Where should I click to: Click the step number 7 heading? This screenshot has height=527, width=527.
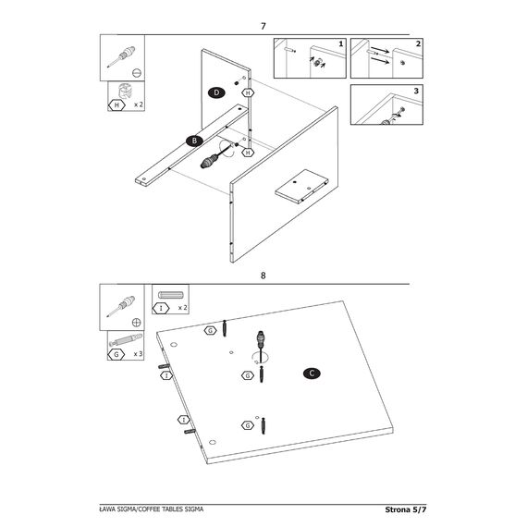pyautogui.click(x=263, y=26)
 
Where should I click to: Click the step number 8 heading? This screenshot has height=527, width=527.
pyautogui.click(x=263, y=276)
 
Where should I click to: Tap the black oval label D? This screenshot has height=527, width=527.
pyautogui.click(x=216, y=92)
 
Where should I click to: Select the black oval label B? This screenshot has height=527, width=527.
pyautogui.click(x=194, y=141)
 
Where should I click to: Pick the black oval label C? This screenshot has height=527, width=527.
pyautogui.click(x=312, y=374)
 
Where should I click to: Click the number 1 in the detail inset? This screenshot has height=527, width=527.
pyautogui.click(x=341, y=43)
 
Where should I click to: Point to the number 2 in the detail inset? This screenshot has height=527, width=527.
pyautogui.click(x=418, y=43)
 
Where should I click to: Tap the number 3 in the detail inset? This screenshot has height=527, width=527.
pyautogui.click(x=416, y=91)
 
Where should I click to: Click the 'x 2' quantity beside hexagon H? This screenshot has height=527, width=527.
pyautogui.click(x=139, y=104)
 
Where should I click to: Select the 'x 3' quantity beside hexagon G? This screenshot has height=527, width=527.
pyautogui.click(x=138, y=354)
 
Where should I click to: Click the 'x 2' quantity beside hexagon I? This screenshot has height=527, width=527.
pyautogui.click(x=182, y=308)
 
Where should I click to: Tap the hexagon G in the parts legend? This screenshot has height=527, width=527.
pyautogui.click(x=116, y=354)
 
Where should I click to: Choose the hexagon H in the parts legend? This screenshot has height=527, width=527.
pyautogui.click(x=116, y=105)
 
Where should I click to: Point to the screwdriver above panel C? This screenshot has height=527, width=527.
pyautogui.click(x=260, y=346)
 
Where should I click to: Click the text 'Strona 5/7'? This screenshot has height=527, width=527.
pyautogui.click(x=405, y=509)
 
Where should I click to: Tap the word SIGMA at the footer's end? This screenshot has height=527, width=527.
pyautogui.click(x=194, y=509)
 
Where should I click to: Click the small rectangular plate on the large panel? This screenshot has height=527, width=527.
pyautogui.click(x=301, y=186)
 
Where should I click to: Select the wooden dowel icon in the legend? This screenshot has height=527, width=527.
pyautogui.click(x=171, y=295)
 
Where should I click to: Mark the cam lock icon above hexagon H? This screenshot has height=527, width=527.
pyautogui.click(x=125, y=91)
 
